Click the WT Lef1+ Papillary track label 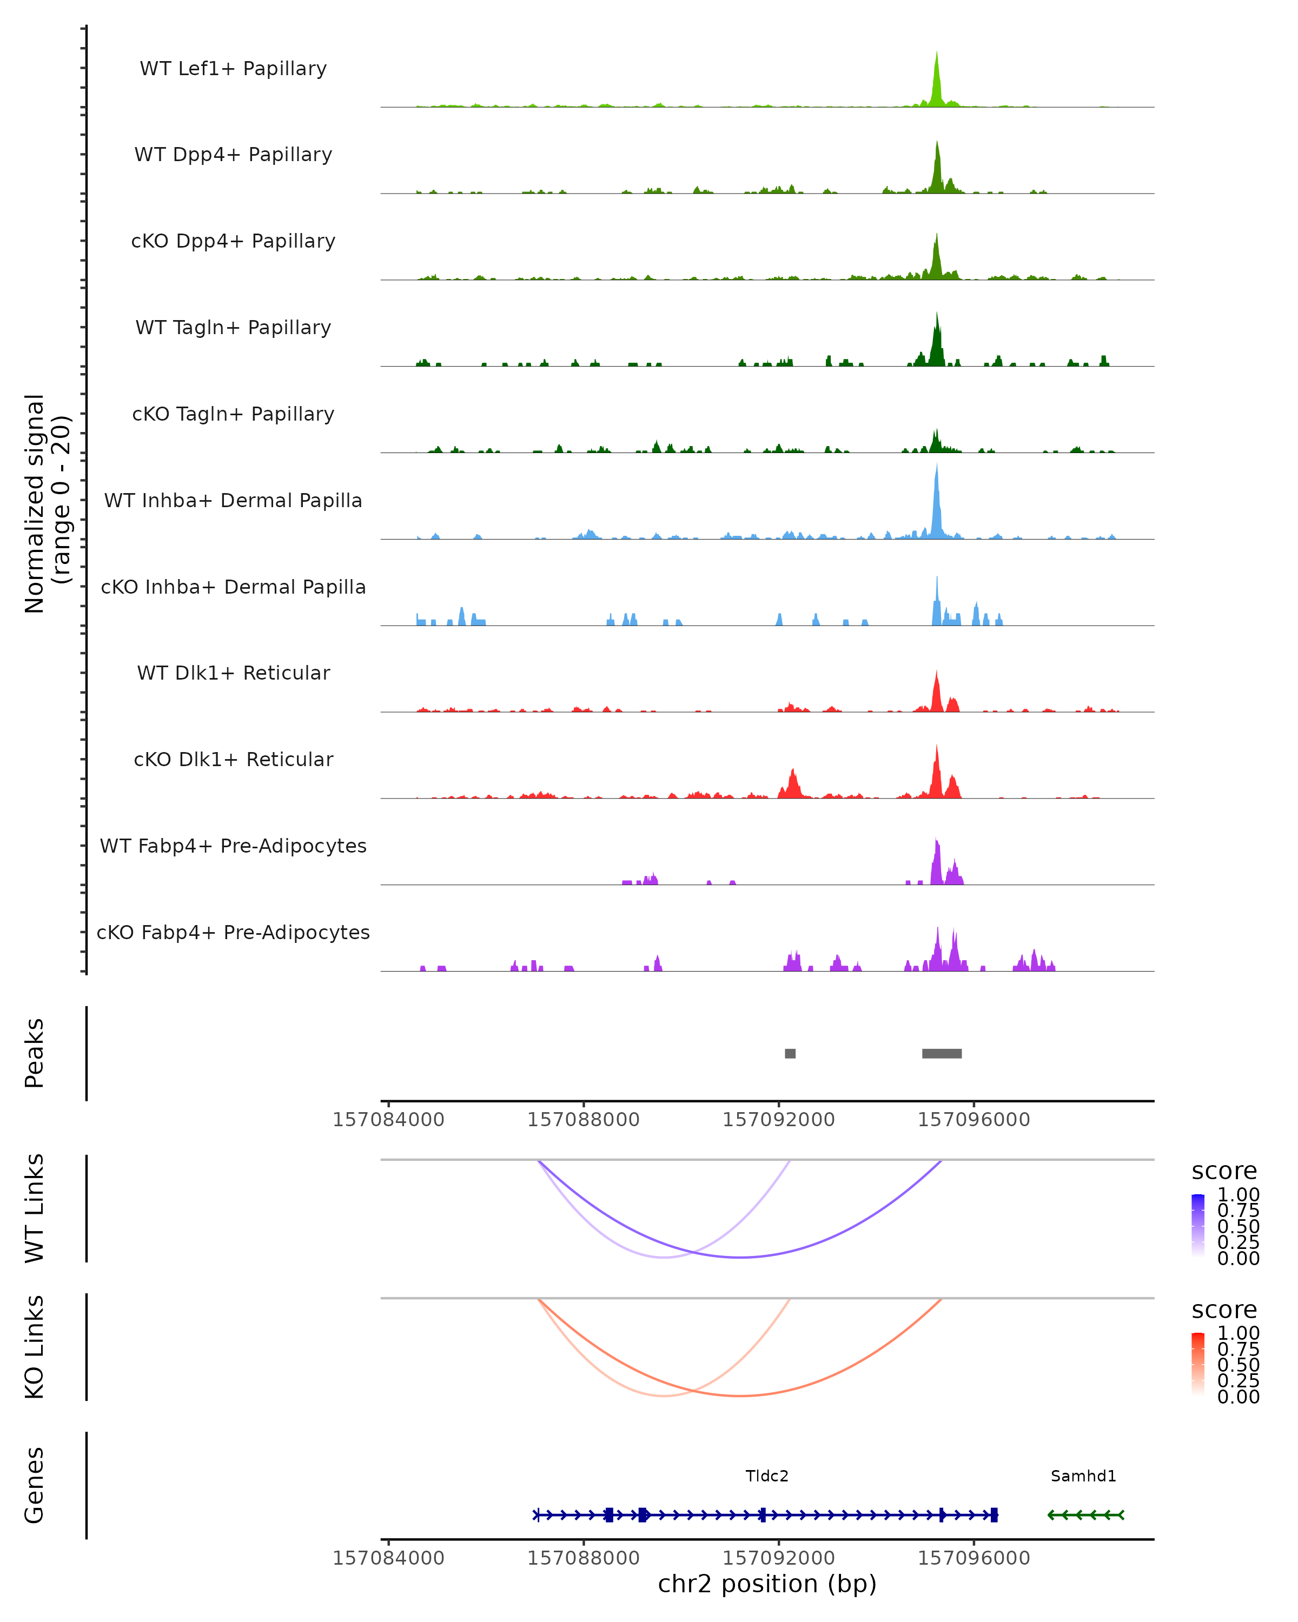click(x=233, y=69)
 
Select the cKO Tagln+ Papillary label click(x=233, y=414)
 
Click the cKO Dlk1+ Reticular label click(x=233, y=759)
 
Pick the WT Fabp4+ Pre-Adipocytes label click(x=233, y=846)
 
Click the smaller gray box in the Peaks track click(x=790, y=1053)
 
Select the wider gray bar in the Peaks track click(x=942, y=1053)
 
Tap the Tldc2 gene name click(x=767, y=1476)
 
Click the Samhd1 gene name click(x=1083, y=1476)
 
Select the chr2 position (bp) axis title click(x=767, y=1584)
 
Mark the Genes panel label click(x=35, y=1485)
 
